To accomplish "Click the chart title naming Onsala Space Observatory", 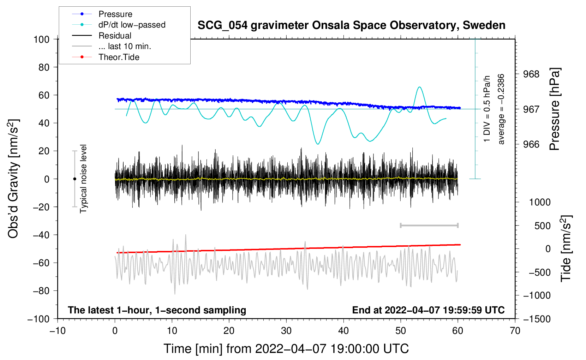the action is pos(351,25).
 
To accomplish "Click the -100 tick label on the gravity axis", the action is pos(38,319).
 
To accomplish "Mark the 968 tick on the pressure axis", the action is pos(531,74).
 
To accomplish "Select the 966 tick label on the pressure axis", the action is pos(531,144).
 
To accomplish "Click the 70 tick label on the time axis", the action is pos(515,331).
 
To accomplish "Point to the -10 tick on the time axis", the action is pos(58,331).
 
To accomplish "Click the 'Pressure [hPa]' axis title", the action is pos(555,109).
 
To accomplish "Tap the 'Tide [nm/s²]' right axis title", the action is pos(566,248).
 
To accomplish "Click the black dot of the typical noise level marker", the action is pos(74,179).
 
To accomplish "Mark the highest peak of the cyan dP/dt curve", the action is pos(419,87).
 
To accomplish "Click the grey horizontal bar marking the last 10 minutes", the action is pos(429,225).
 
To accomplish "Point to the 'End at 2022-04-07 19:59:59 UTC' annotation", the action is pos(428,310).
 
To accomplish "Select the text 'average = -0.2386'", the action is pos(501,109).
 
